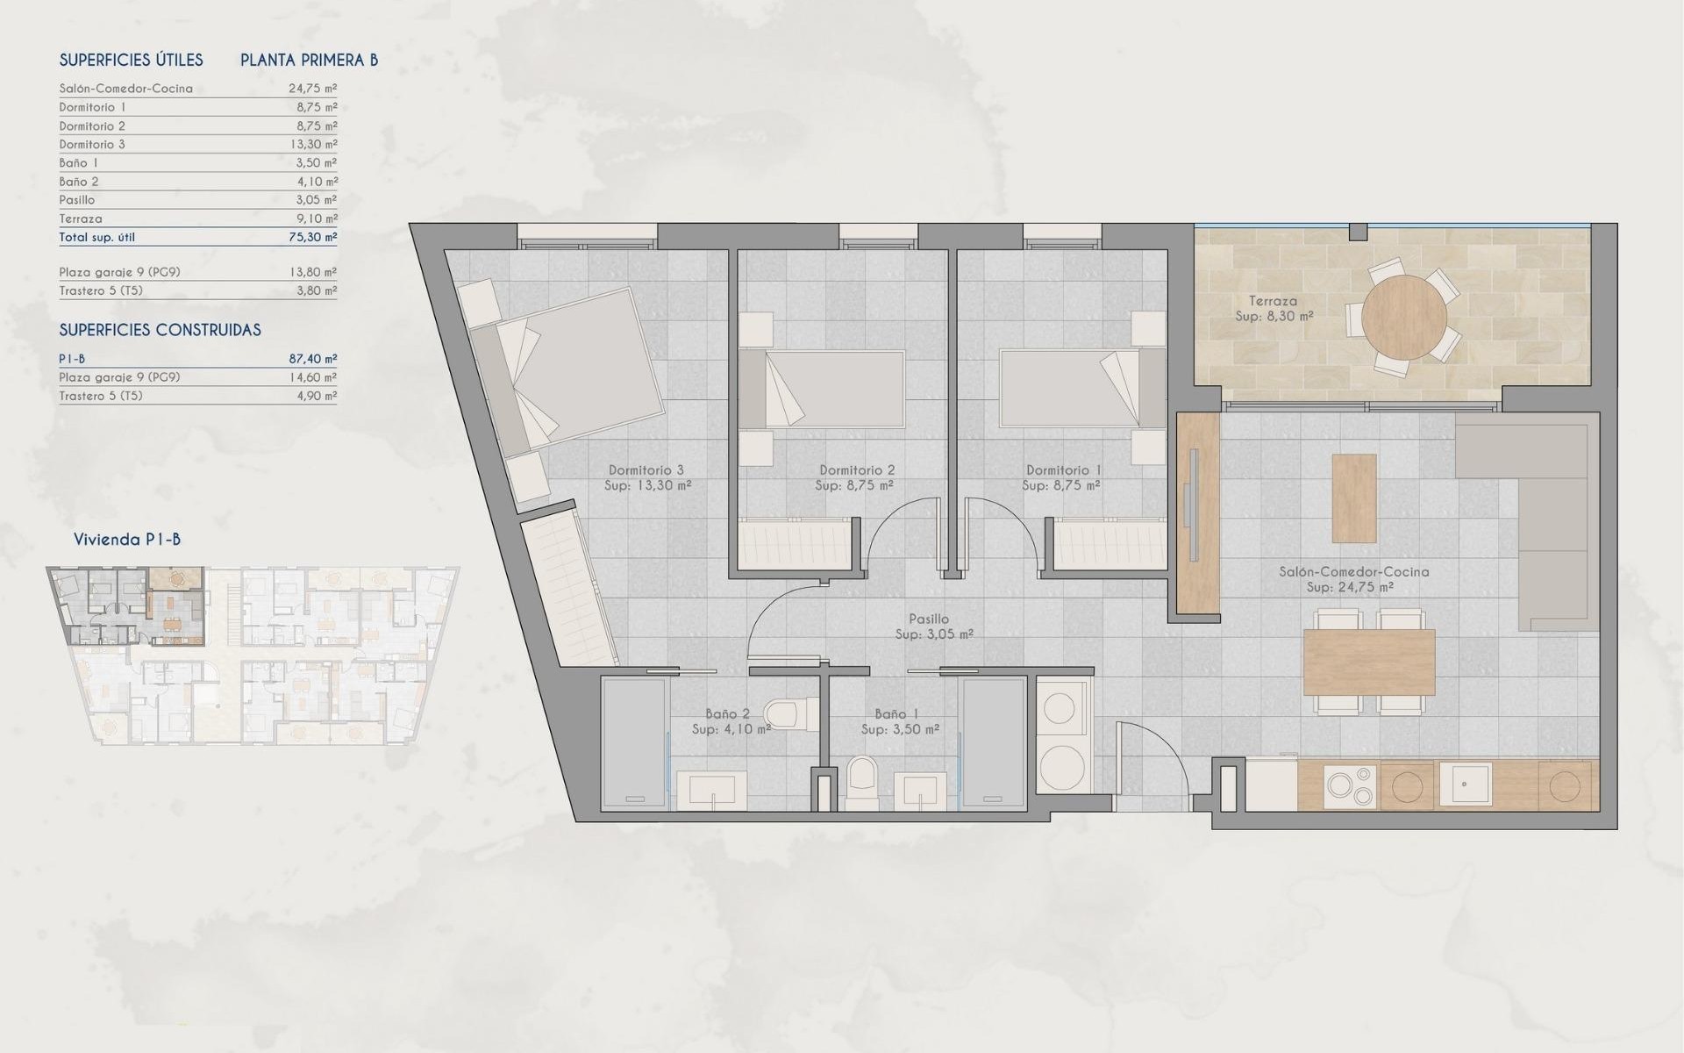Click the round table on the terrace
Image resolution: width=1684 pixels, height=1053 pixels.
1404,317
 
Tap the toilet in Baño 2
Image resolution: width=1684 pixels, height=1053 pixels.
787,713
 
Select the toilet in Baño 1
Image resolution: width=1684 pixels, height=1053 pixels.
862,784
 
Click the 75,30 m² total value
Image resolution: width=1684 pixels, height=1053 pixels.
313,237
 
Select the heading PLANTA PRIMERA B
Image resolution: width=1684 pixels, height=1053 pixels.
309,60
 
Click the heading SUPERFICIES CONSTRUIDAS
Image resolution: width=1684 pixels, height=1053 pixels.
160,330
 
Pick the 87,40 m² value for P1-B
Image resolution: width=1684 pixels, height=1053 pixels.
313,359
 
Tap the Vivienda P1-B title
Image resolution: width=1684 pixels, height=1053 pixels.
127,539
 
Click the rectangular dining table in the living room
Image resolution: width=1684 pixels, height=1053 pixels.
1368,663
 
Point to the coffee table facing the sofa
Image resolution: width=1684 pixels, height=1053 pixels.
1353,498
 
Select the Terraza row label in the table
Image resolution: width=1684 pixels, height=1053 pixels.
81,218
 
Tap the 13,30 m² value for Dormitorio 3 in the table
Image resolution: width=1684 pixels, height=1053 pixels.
313,144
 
